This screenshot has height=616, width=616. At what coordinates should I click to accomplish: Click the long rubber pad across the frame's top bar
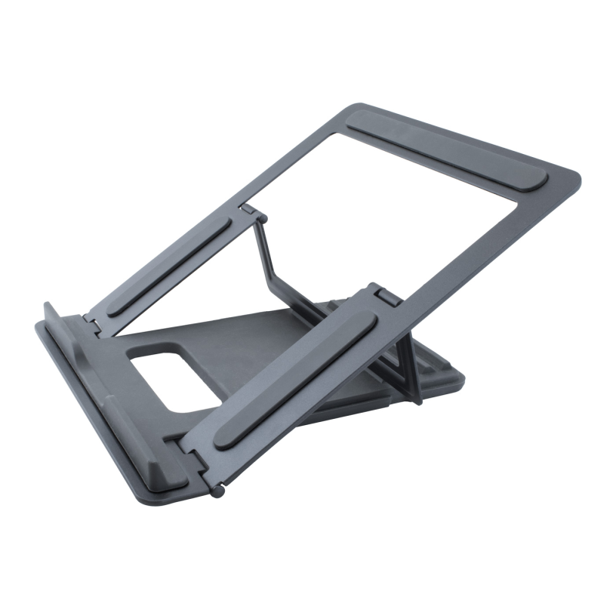447,151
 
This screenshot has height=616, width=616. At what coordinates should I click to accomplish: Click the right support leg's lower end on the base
417,397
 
